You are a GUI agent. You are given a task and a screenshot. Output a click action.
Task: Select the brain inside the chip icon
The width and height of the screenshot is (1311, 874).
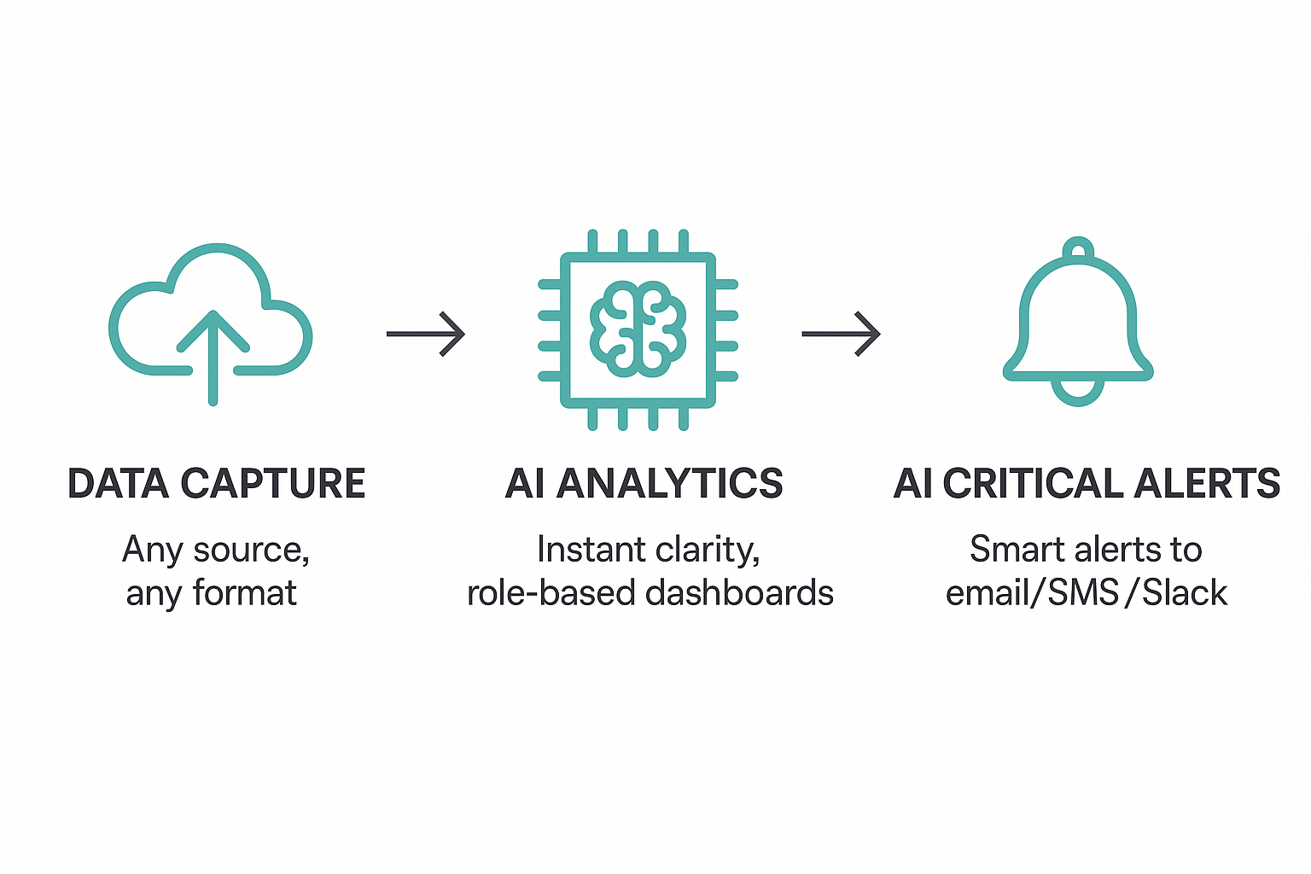[x=638, y=330]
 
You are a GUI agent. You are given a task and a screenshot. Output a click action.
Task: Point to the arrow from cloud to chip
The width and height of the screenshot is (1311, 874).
[x=426, y=333]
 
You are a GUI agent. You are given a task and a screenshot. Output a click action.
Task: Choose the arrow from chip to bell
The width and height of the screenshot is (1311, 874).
[x=841, y=333]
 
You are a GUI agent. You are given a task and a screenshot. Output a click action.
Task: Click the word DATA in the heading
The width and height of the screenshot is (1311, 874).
[x=119, y=484]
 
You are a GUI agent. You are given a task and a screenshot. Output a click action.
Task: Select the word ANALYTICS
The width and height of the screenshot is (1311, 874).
[x=670, y=484]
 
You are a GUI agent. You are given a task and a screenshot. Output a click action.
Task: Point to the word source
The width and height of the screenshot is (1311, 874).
[x=251, y=551]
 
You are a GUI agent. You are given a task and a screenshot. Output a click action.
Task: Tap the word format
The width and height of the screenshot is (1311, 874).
[x=245, y=593]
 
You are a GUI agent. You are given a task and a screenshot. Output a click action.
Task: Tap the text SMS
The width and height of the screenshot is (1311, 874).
[x=1083, y=593]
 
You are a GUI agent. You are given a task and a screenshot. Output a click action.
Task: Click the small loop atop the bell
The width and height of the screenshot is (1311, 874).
[x=1079, y=248]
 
